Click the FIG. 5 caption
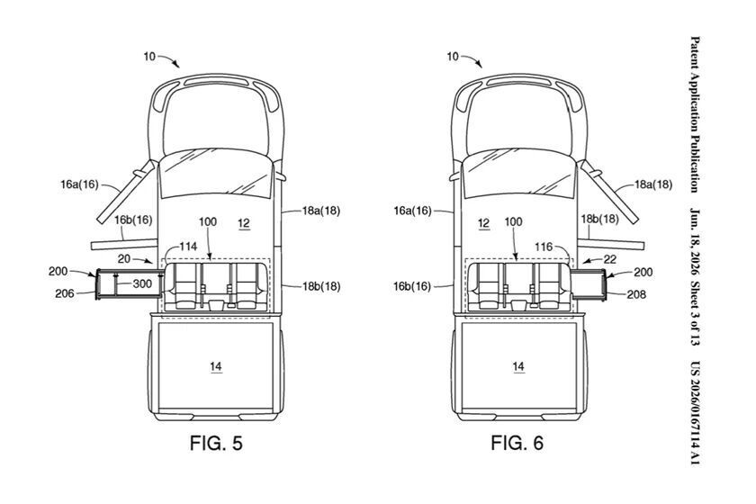pos(216,443)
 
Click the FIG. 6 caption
pos(517,443)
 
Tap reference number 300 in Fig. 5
pos(142,283)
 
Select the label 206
pos(65,293)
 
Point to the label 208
pos(636,294)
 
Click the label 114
pos(188,247)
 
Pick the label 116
pos(544,247)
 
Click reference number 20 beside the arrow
pos(124,259)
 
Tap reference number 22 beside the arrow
pos(610,259)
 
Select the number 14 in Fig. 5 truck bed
pos(215,366)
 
